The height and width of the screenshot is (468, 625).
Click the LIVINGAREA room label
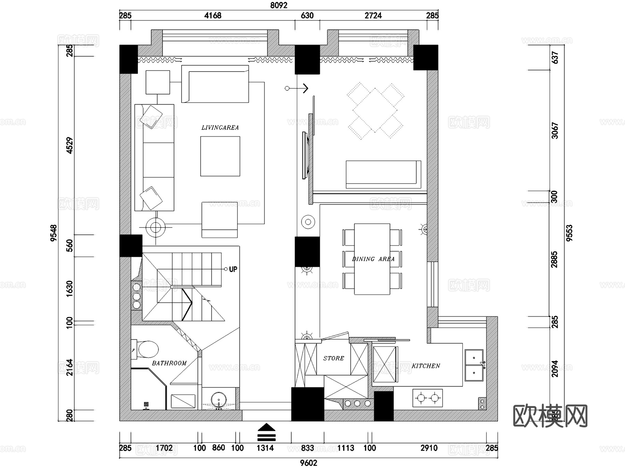(220, 128)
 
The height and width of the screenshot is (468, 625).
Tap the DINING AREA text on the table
(373, 259)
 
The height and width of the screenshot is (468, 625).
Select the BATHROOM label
(169, 363)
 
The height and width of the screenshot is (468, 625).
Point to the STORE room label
(333, 358)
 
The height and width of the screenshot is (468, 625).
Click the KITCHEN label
(426, 366)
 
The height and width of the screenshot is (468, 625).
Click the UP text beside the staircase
(233, 269)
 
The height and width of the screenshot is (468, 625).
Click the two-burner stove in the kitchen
(427, 398)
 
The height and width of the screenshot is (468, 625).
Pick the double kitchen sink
(474, 365)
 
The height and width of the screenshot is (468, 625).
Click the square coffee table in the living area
(220, 156)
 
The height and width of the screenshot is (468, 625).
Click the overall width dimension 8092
(278, 5)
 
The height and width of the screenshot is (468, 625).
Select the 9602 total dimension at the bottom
(308, 463)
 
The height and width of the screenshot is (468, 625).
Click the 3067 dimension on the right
(555, 130)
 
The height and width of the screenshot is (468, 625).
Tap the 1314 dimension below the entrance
(265, 448)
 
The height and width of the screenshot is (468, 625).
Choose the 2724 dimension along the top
(373, 15)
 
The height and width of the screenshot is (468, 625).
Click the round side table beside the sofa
(156, 228)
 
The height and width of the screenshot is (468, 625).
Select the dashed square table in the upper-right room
(375, 110)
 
